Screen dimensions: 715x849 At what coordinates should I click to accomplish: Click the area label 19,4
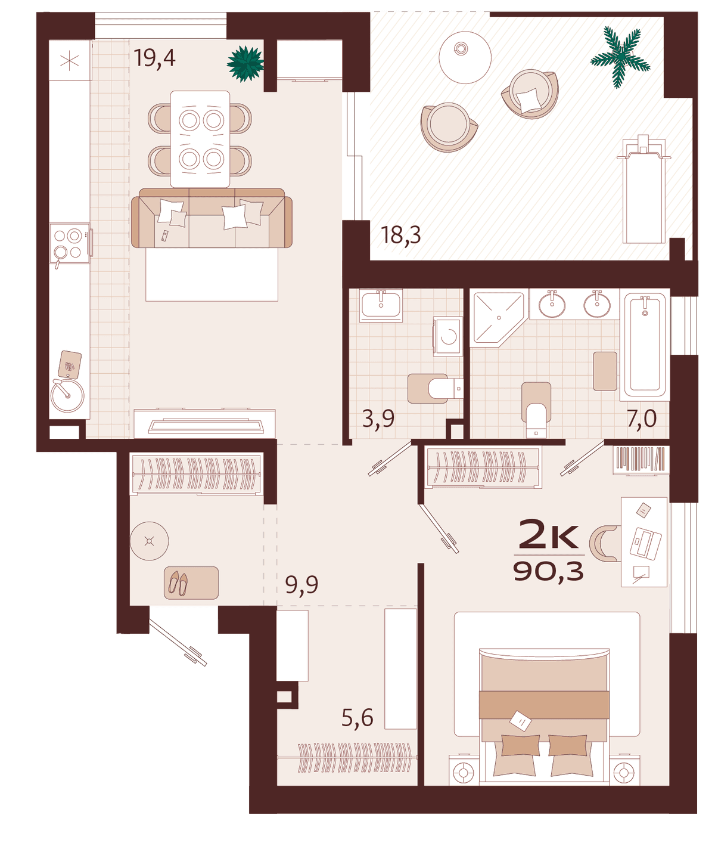(154, 58)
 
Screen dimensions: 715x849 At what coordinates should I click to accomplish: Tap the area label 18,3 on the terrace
(401, 235)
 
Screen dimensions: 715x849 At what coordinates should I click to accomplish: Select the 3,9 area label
(378, 419)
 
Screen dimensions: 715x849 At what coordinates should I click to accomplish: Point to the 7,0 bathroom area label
(642, 419)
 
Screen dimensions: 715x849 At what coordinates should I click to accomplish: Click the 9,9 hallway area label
(301, 585)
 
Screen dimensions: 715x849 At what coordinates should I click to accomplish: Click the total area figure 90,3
(548, 571)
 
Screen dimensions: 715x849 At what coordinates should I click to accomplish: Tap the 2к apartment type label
(548, 534)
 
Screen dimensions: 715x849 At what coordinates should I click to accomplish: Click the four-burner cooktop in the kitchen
(70, 244)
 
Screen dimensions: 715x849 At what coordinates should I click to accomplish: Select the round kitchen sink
(67, 395)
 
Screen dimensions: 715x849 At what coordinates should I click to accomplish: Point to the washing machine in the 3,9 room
(447, 337)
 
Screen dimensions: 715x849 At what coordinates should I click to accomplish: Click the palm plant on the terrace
(620, 57)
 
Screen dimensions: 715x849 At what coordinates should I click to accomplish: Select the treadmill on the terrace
(644, 190)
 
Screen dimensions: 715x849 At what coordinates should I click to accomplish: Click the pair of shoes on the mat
(179, 583)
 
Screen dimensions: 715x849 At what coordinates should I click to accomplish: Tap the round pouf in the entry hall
(149, 541)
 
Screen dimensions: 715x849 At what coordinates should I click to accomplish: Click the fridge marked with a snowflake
(70, 60)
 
